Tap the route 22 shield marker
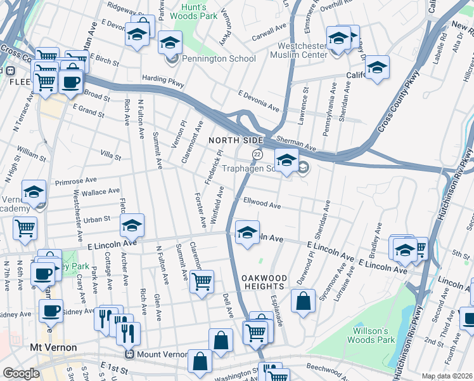tap(257, 155)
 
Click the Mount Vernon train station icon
tap(129, 354)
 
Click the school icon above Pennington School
tap(169, 43)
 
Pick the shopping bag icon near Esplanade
tap(304, 300)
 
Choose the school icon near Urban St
tap(132, 225)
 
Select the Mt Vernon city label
tap(54, 347)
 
